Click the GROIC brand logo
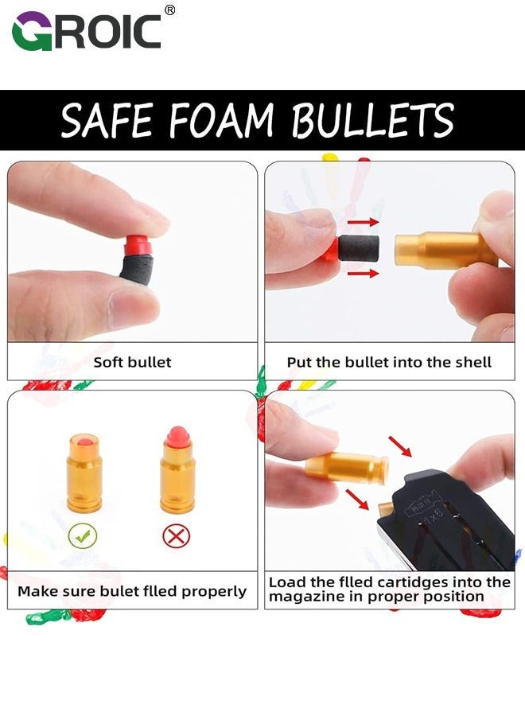87,31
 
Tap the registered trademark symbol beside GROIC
169,10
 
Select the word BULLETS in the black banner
372,121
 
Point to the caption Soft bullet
132,362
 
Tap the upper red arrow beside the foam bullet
364,223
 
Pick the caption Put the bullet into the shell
389,362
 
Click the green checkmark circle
83,535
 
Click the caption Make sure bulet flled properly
132,591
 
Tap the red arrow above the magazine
400,446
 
